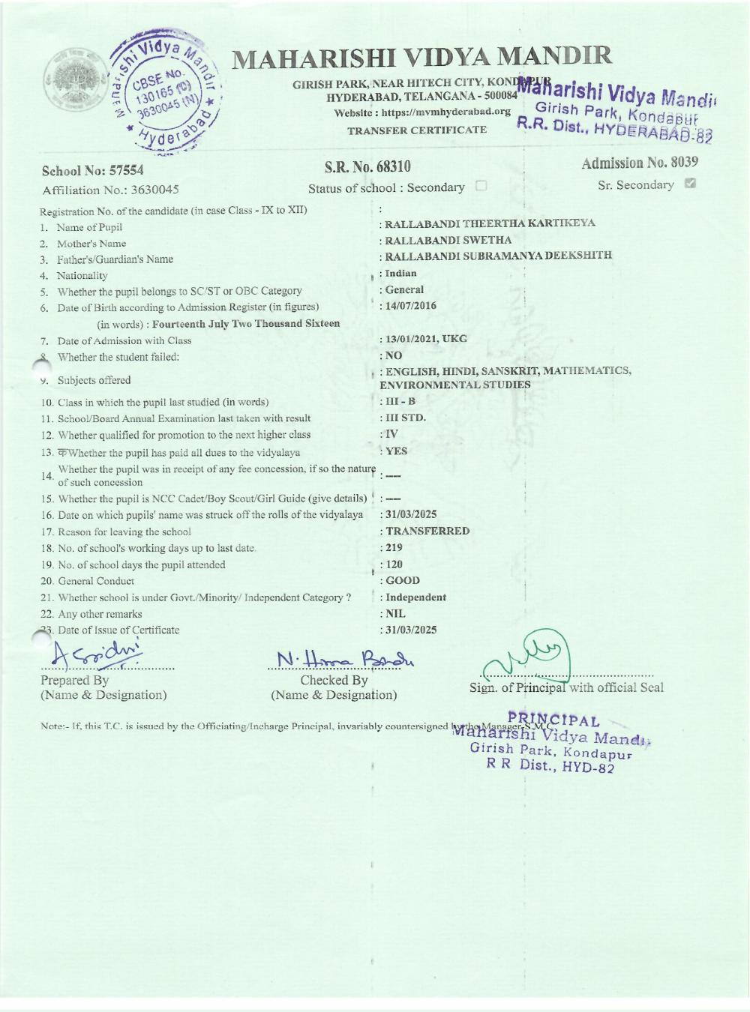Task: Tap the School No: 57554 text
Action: pos(93,172)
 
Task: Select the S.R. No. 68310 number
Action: pos(367,166)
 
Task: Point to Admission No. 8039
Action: pos(640,163)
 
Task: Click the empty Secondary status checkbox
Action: pos(481,187)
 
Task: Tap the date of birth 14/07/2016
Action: pos(411,306)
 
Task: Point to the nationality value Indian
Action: pos(401,274)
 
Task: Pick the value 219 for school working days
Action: pos(394,547)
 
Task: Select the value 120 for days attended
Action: pos(394,564)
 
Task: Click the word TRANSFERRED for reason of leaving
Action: pos(427,531)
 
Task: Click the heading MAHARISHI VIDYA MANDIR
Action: pos(422,56)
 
